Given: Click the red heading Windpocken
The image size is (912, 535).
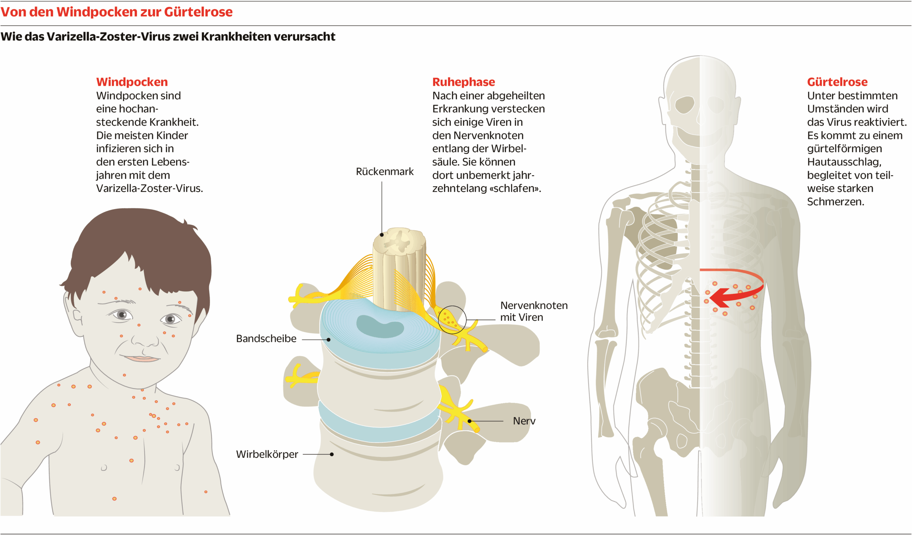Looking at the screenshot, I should tap(132, 82).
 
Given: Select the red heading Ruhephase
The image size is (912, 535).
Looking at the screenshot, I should tap(463, 82).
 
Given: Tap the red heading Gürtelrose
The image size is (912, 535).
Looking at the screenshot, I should tap(837, 82).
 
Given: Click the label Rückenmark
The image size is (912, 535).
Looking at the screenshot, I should tap(384, 171).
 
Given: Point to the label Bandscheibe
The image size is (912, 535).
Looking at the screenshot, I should tap(266, 339).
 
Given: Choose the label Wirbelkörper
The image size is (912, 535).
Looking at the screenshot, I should tap(267, 455).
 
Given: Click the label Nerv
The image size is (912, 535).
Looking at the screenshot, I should tap(524, 421).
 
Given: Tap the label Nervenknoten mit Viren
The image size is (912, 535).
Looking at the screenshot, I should tap(533, 311).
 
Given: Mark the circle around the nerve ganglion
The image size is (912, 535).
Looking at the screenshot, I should tap(452, 320).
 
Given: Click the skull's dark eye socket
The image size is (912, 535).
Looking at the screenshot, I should tap(685, 105).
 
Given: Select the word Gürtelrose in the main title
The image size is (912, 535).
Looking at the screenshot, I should tap(198, 12).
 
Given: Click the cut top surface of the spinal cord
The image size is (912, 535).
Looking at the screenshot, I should tap(399, 240).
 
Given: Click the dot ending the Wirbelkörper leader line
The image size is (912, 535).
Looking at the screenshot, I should tap(332, 455).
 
